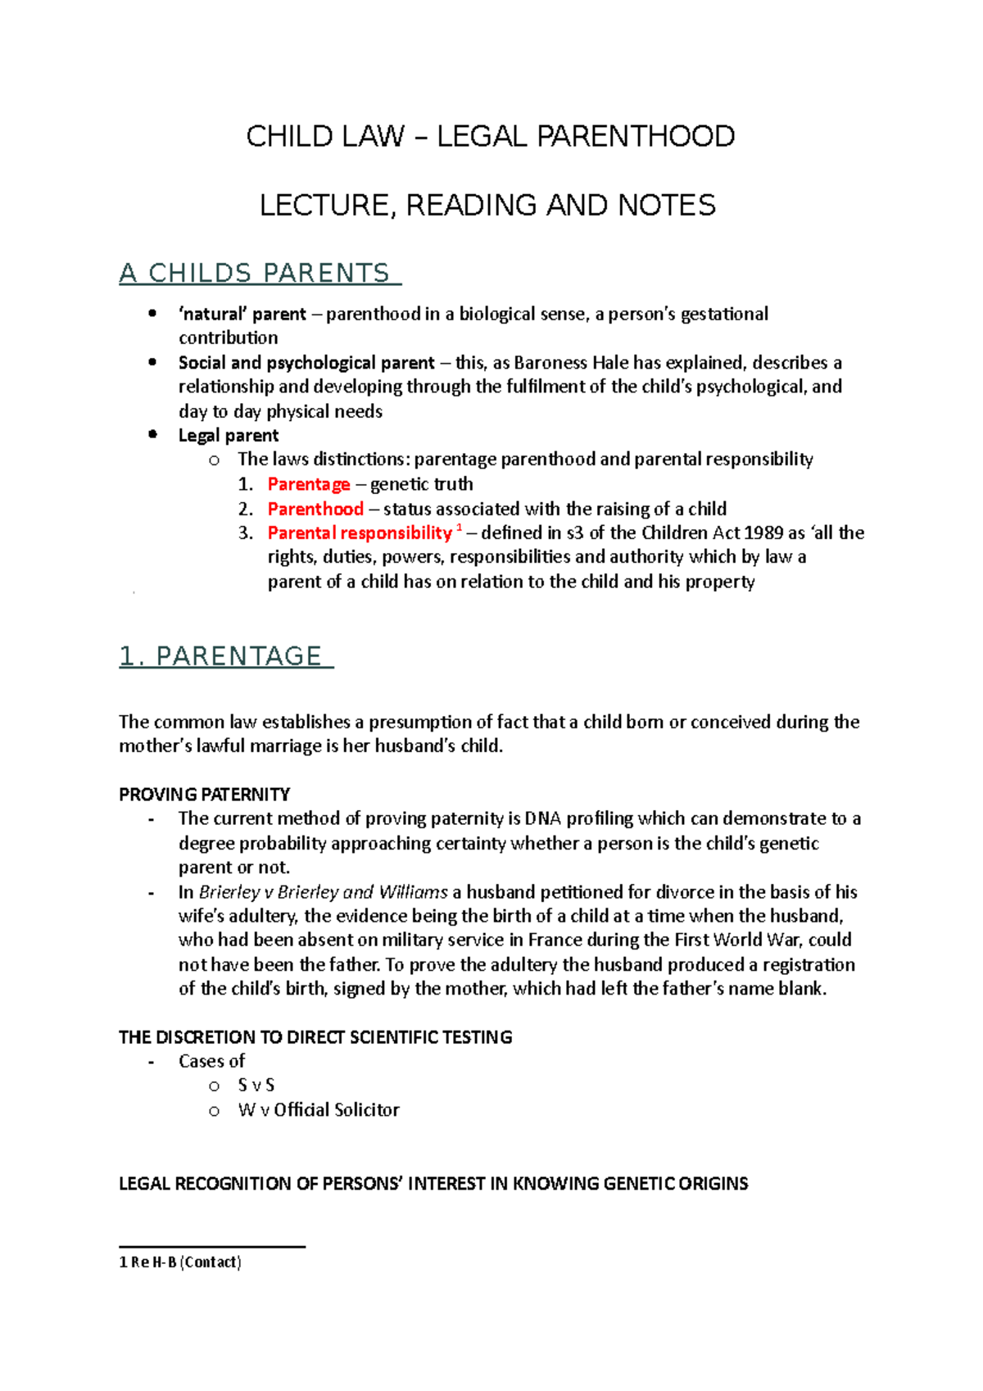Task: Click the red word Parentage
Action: (309, 484)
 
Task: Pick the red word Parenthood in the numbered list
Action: (315, 509)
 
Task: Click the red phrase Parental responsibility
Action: (360, 533)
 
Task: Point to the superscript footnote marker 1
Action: (460, 529)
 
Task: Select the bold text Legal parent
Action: (229, 435)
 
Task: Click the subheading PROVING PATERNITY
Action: (204, 795)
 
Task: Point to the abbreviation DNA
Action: (543, 818)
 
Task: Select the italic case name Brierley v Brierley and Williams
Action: (324, 892)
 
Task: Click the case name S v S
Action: (256, 1085)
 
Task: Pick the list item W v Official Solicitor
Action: (319, 1110)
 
